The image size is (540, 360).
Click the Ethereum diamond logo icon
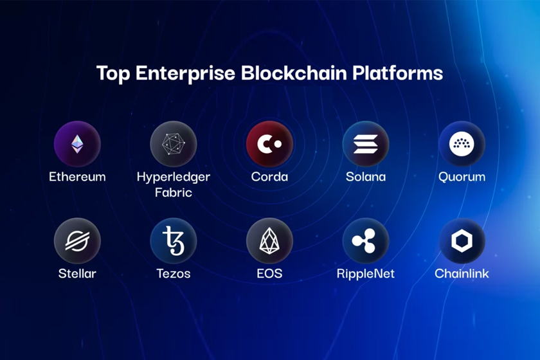click(x=77, y=144)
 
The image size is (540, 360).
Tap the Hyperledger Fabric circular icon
click(x=174, y=144)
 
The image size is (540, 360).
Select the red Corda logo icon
click(x=269, y=144)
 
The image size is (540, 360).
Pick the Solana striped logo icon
click(x=366, y=144)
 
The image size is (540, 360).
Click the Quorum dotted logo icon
click(x=462, y=144)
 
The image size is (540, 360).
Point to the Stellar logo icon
click(x=77, y=241)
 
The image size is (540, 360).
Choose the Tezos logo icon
click(x=174, y=241)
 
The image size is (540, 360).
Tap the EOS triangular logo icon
click(x=269, y=241)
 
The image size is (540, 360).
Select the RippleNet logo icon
click(x=366, y=241)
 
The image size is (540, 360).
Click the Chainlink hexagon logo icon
click(x=462, y=241)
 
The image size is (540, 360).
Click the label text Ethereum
click(x=77, y=176)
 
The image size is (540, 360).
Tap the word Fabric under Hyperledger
click(x=174, y=192)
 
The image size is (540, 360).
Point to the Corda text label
click(x=269, y=176)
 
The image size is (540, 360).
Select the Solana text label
click(x=366, y=176)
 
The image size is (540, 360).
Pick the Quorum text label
click(x=462, y=176)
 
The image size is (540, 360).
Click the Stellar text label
click(x=77, y=273)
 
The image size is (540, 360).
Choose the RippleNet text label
click(x=366, y=273)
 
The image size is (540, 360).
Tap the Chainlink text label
click(x=462, y=273)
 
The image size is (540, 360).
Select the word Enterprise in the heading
click(x=185, y=73)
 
